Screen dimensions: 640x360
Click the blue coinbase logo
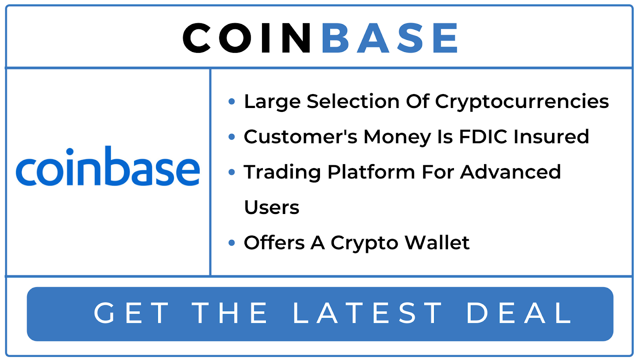[x=108, y=166]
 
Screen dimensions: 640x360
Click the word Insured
[x=551, y=136]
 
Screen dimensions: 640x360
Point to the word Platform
[x=371, y=172]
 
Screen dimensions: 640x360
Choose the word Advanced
[x=510, y=172]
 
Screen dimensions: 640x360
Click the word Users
[x=272, y=207]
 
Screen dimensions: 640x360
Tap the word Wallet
[x=437, y=242]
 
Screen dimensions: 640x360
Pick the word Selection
[x=353, y=101]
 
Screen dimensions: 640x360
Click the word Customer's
[x=300, y=136]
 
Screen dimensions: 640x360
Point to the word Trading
[x=282, y=172]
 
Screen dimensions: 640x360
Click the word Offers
[x=274, y=242]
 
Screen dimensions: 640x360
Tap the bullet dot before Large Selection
[x=232, y=102]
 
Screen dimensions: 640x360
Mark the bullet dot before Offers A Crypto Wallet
[x=232, y=243]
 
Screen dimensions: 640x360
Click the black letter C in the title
[x=197, y=38]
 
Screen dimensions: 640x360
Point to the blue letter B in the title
[x=335, y=38]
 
